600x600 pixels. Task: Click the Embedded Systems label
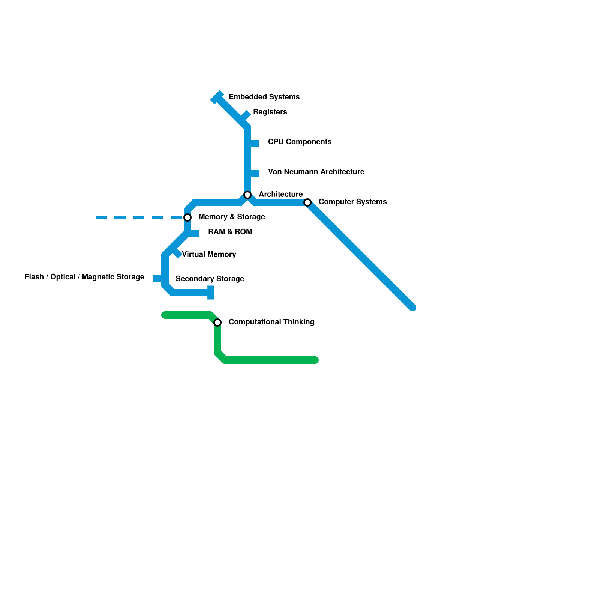point(264,97)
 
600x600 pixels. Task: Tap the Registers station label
point(270,112)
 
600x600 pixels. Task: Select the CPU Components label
point(300,142)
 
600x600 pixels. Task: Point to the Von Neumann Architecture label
point(316,172)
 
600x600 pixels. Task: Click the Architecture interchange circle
point(247,195)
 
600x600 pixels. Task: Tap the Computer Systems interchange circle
point(307,202)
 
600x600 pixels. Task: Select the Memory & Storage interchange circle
point(187,217)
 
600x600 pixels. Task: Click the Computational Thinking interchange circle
point(217,322)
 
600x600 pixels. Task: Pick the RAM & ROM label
point(230,232)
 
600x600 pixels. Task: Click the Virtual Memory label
point(209,254)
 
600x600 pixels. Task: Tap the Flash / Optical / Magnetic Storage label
point(84,277)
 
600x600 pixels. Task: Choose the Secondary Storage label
point(210,279)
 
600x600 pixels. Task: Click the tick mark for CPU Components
point(255,143)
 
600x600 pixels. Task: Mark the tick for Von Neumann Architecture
point(255,173)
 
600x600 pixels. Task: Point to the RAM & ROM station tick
point(194,234)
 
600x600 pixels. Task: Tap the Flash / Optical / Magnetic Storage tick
point(158,278)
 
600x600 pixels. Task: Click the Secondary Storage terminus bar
point(211,292)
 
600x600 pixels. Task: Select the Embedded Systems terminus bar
point(217,97)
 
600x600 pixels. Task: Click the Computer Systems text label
point(352,202)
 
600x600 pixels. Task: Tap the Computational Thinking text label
point(271,322)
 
